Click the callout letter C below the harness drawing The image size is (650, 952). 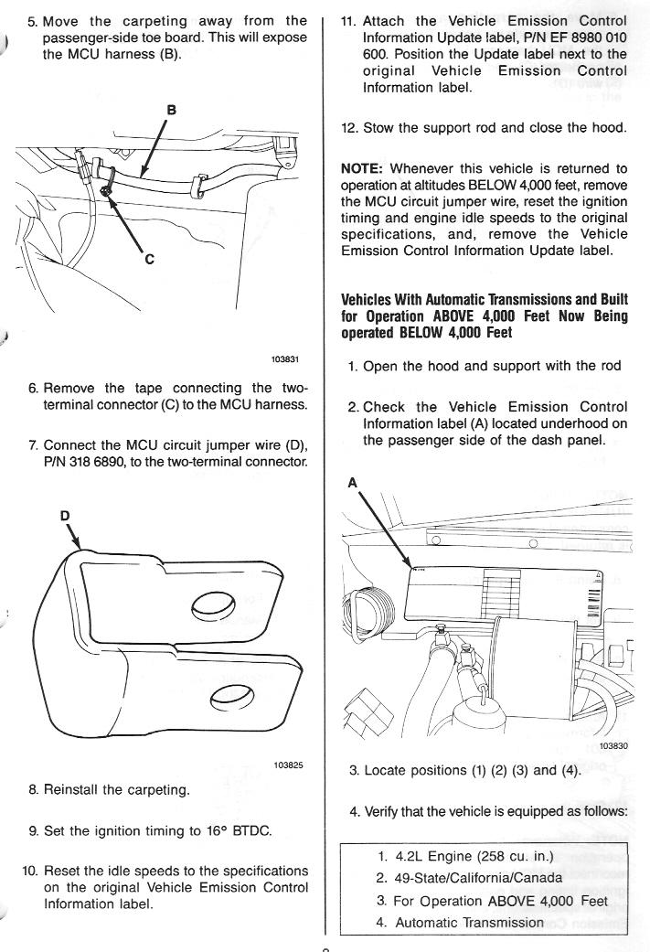point(149,259)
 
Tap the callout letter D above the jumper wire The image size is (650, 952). point(65,516)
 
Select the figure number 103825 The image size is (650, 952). point(288,765)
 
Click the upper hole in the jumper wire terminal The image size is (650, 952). point(215,604)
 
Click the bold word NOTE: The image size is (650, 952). point(365,168)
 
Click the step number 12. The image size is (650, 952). point(349,128)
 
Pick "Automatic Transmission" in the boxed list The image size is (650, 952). point(469,922)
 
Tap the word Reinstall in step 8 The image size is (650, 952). point(77,790)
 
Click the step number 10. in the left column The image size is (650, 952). point(30,871)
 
